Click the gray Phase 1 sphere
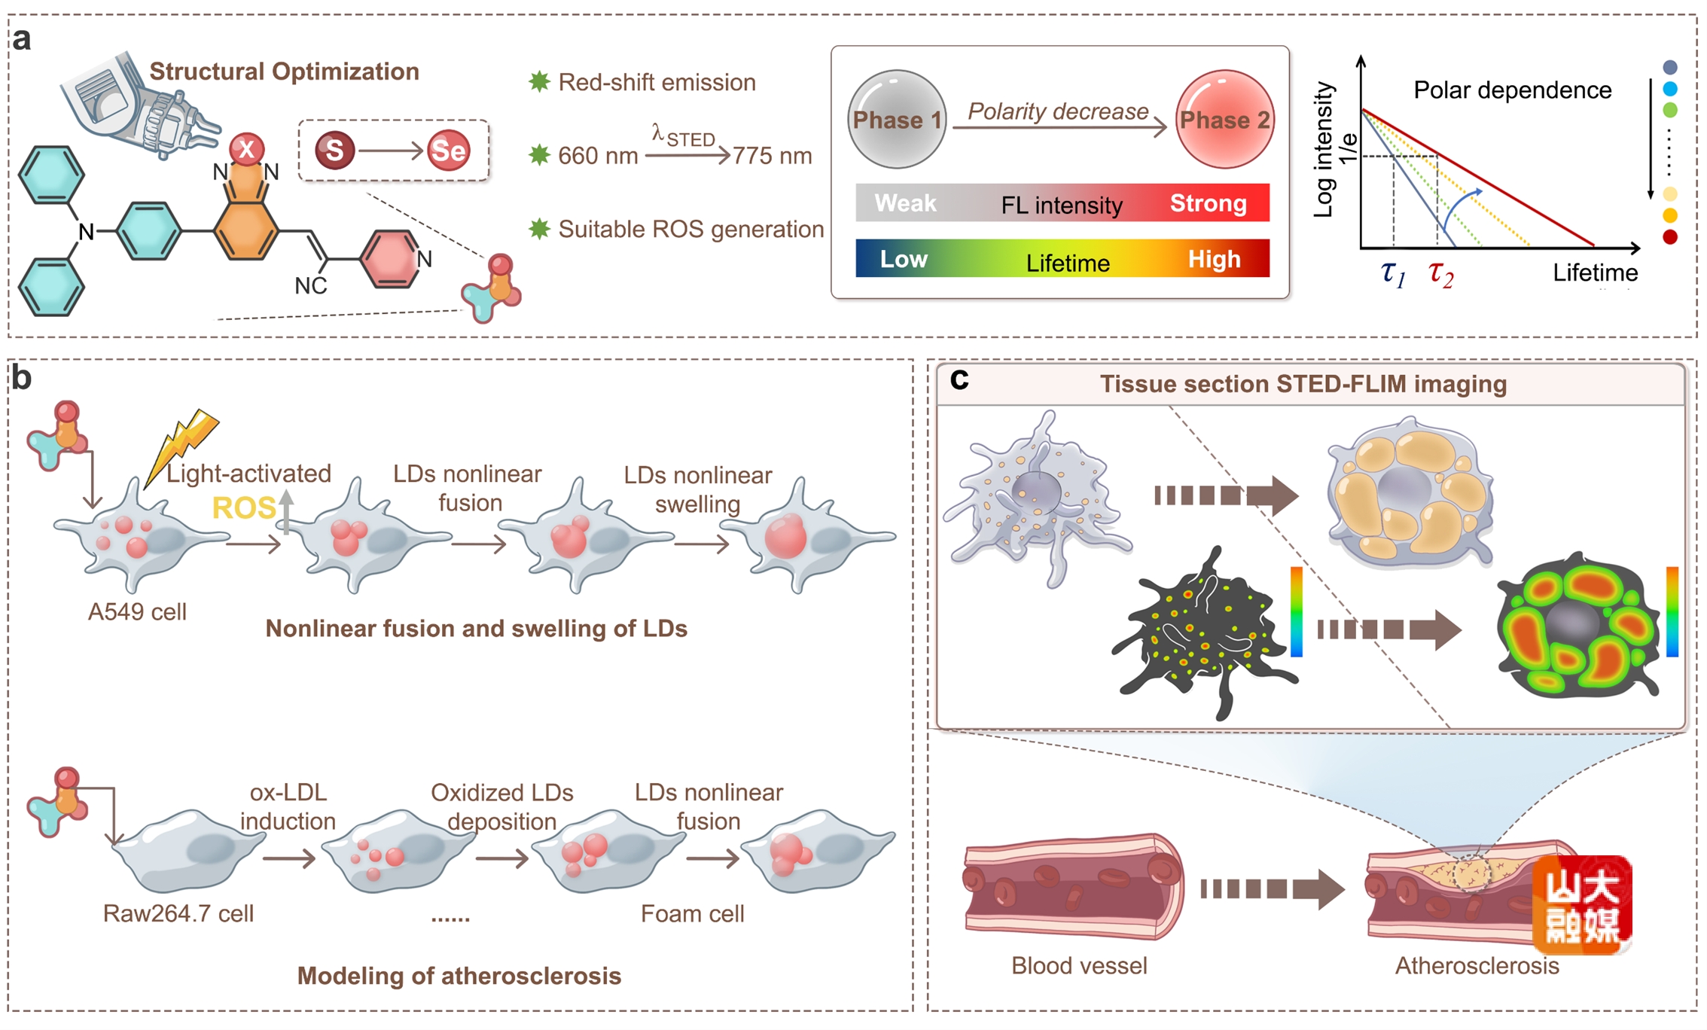pyautogui.click(x=896, y=119)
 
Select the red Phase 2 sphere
pyautogui.click(x=1224, y=119)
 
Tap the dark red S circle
pyautogui.click(x=334, y=150)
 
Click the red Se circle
pyautogui.click(x=448, y=150)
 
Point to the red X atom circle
pyautogui.click(x=246, y=148)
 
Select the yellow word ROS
pyautogui.click(x=243, y=508)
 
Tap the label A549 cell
pyautogui.click(x=137, y=611)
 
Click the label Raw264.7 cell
pyautogui.click(x=178, y=913)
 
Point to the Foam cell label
pyautogui.click(x=692, y=913)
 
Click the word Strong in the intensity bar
pyautogui.click(x=1208, y=203)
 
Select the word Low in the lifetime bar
pyautogui.click(x=904, y=259)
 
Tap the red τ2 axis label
pyautogui.click(x=1440, y=273)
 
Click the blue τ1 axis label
pyautogui.click(x=1393, y=273)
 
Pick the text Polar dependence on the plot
pyautogui.click(x=1512, y=90)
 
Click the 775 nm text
pyautogui.click(x=773, y=156)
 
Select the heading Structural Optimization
pyautogui.click(x=284, y=72)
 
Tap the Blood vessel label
pyautogui.click(x=1078, y=965)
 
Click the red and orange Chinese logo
pyautogui.click(x=1582, y=904)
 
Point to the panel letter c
pyautogui.click(x=959, y=379)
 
